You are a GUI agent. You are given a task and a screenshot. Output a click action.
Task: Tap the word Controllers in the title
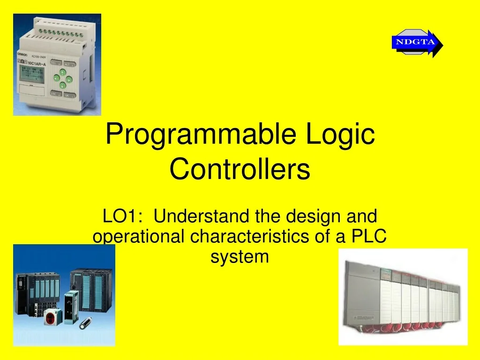coord(240,169)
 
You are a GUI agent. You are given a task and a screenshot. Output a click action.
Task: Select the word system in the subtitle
coord(240,257)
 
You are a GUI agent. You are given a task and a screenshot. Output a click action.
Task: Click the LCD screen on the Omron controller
coord(31,74)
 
